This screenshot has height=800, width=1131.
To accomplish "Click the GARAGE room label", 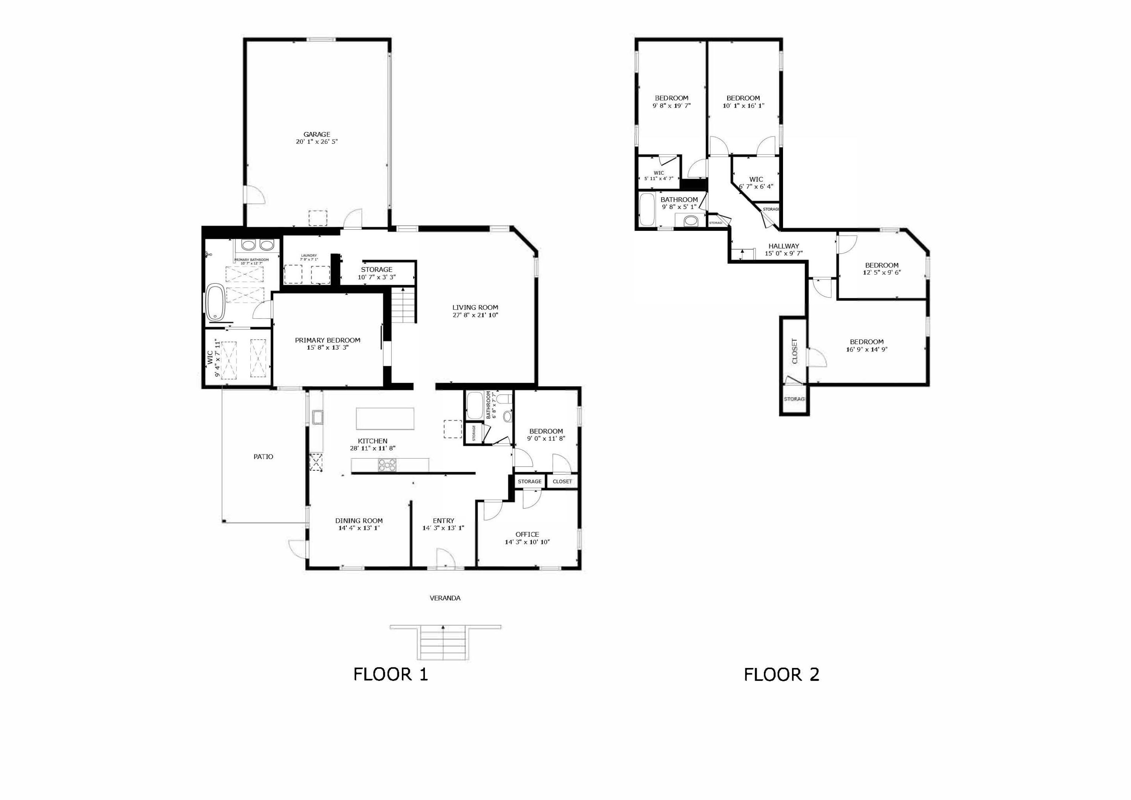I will pyautogui.click(x=316, y=134).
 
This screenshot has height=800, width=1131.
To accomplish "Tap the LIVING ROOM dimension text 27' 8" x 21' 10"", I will pyautogui.click(x=475, y=315).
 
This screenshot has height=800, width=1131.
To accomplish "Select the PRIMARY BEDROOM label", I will pyautogui.click(x=328, y=340).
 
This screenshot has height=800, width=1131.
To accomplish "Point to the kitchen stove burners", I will pyautogui.click(x=387, y=464).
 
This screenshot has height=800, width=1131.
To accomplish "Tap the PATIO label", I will pyautogui.click(x=263, y=457).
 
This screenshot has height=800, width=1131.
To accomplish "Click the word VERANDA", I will pyautogui.click(x=445, y=598).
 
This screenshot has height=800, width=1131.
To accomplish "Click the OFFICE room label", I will pyautogui.click(x=527, y=534).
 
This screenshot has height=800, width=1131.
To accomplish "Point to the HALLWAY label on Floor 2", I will pyautogui.click(x=784, y=246).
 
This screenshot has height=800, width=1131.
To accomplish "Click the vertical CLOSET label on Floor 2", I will pyautogui.click(x=794, y=351).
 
